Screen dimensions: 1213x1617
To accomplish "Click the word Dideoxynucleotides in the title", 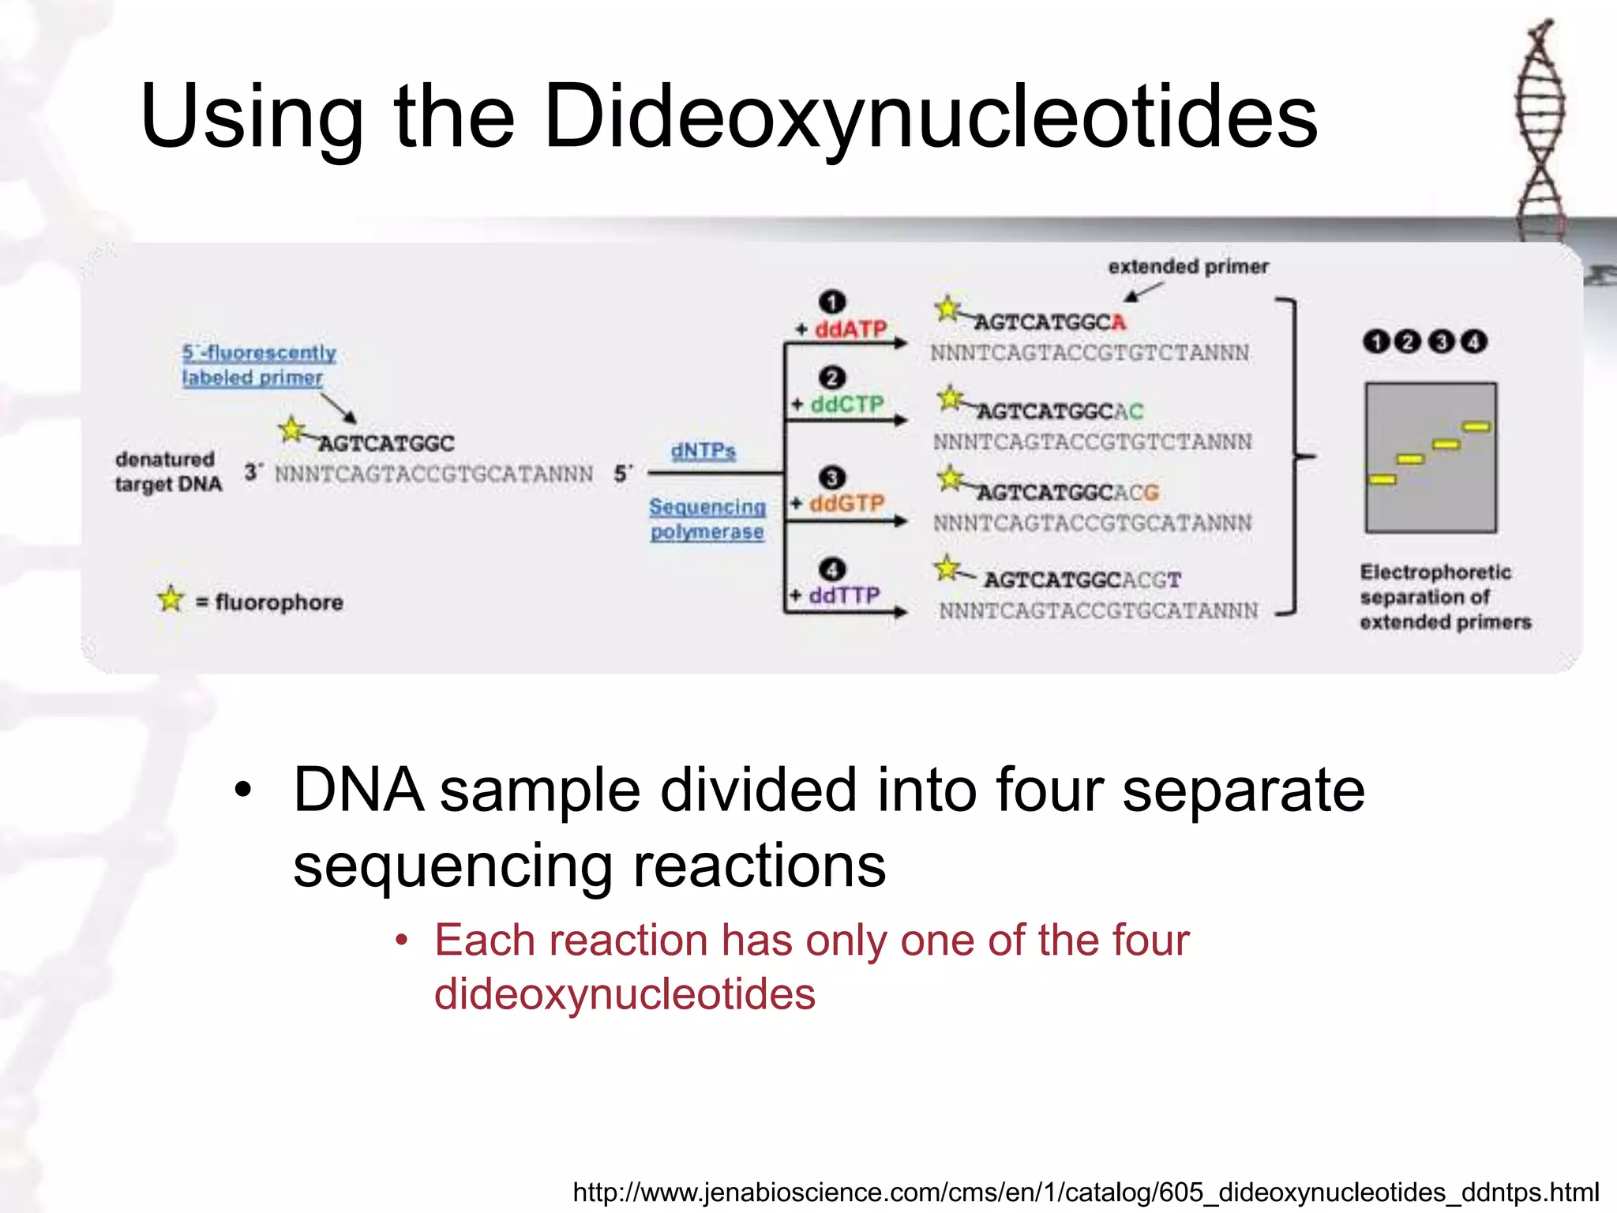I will [x=930, y=117].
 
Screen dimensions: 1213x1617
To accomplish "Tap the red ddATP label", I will [x=850, y=329].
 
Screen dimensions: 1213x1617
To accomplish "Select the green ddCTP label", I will [x=847, y=404].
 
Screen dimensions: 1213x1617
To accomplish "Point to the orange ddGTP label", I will [x=846, y=503].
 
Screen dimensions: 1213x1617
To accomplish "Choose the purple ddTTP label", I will [x=844, y=595].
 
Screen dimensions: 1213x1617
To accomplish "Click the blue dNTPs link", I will [x=703, y=451].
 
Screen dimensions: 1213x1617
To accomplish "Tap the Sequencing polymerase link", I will [x=707, y=519].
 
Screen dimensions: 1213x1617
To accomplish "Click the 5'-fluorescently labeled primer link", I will [x=258, y=365].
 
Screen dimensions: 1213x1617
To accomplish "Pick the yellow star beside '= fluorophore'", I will [x=171, y=599].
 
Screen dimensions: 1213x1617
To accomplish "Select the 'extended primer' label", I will [x=1188, y=267].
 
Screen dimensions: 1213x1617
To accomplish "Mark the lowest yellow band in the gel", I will [x=1382, y=479].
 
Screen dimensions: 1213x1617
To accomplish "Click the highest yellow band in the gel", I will [x=1476, y=427].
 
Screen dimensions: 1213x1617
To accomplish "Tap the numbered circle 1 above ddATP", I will [x=832, y=302].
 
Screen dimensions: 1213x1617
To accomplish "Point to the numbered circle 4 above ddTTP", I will [x=832, y=569].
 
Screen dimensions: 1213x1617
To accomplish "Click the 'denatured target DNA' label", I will [x=167, y=471].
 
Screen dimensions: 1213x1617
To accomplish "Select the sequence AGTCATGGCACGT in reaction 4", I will [x=1082, y=580].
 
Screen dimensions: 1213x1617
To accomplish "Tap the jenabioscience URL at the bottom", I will [x=1086, y=1192].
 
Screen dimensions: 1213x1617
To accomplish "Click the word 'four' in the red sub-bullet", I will [x=1150, y=941].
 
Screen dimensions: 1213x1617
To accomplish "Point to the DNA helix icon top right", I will [x=1540, y=130].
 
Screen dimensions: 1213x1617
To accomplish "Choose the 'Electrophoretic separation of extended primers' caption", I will [x=1444, y=597].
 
